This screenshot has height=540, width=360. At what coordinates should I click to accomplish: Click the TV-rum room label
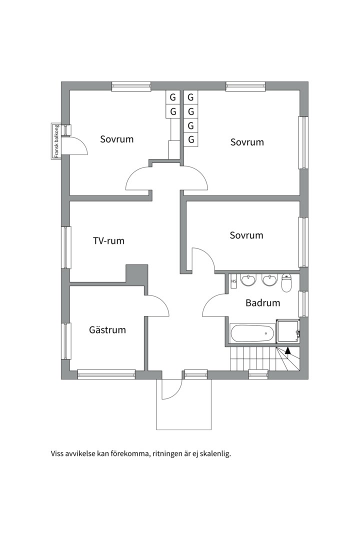click(108, 240)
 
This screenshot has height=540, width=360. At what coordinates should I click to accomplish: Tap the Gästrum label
click(107, 329)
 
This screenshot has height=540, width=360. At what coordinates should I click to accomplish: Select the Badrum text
click(262, 302)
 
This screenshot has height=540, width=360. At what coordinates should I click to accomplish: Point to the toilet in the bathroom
click(286, 282)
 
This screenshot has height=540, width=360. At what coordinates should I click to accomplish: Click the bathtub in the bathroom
click(252, 333)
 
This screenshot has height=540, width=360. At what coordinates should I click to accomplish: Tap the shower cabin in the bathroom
click(288, 331)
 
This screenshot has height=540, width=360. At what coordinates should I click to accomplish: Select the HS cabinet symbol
click(234, 281)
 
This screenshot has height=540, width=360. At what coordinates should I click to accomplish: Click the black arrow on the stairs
click(287, 350)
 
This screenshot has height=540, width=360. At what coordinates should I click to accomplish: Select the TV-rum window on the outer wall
click(66, 247)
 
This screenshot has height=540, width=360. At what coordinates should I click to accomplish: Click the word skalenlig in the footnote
click(215, 453)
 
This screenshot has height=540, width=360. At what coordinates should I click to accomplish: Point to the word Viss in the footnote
click(57, 453)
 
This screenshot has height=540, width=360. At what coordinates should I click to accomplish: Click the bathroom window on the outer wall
click(303, 304)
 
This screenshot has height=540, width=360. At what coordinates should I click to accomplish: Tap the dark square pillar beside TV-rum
click(137, 274)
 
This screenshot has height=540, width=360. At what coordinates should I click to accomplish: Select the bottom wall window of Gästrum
click(106, 374)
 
